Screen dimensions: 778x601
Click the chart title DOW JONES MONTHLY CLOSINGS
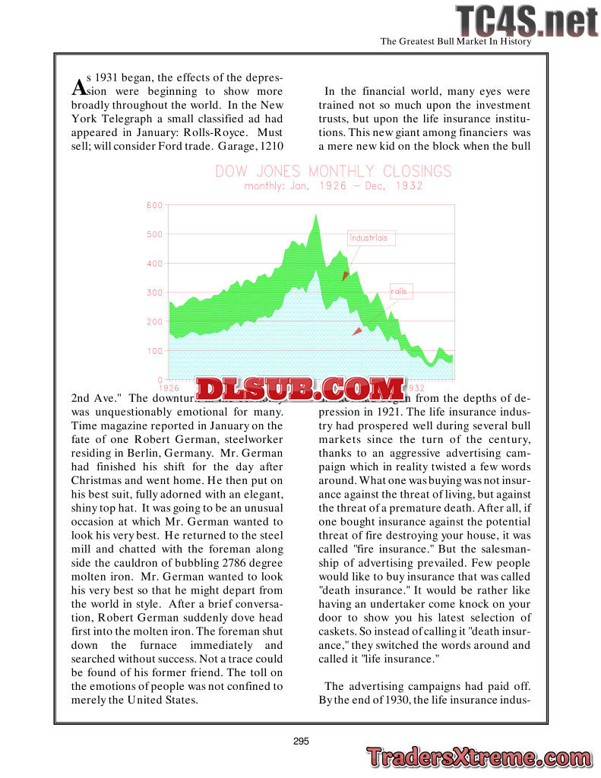tap(333, 171)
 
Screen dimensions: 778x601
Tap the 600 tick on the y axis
tap(154, 205)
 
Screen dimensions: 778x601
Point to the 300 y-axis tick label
tap(154, 293)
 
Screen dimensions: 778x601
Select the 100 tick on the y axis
tap(154, 350)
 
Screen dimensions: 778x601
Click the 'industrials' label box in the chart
tap(369, 238)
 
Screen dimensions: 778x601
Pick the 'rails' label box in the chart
tap(399, 291)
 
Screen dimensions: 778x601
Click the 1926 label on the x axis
tap(169, 387)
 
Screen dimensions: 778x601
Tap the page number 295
tap(301, 742)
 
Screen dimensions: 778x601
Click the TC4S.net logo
tap(526, 21)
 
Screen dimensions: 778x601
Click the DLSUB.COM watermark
tap(300, 389)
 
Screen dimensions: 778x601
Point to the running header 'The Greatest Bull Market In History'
tap(455, 42)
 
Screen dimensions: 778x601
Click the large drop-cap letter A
tap(78, 87)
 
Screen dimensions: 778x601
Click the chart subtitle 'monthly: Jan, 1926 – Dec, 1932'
tap(333, 186)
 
